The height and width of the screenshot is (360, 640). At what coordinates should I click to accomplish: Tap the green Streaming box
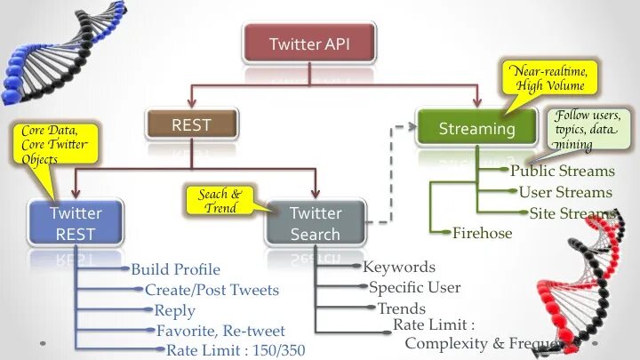pos(476,129)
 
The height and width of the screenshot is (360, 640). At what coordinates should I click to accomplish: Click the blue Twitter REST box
pos(76,223)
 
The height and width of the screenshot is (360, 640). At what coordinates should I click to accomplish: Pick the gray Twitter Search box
pos(316,223)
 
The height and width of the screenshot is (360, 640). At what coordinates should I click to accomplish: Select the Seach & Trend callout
pos(220,201)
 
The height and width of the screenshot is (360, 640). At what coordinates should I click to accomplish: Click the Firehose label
pos(483,234)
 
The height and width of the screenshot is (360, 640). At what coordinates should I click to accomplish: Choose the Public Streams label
pos(562,171)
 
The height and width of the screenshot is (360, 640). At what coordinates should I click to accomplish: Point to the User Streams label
pos(565,192)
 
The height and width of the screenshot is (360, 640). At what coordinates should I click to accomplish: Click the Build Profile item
pos(175,269)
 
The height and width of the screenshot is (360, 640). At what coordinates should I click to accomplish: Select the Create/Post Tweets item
pos(212,290)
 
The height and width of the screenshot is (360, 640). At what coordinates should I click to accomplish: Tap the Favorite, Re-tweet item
pos(219,331)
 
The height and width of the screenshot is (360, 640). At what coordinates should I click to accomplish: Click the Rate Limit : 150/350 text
pos(235,349)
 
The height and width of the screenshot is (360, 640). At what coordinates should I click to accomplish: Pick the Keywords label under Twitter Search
pos(399,267)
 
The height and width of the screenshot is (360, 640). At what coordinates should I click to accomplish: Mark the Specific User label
pos(414,287)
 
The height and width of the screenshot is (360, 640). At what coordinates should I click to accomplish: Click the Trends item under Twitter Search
pos(402,308)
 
